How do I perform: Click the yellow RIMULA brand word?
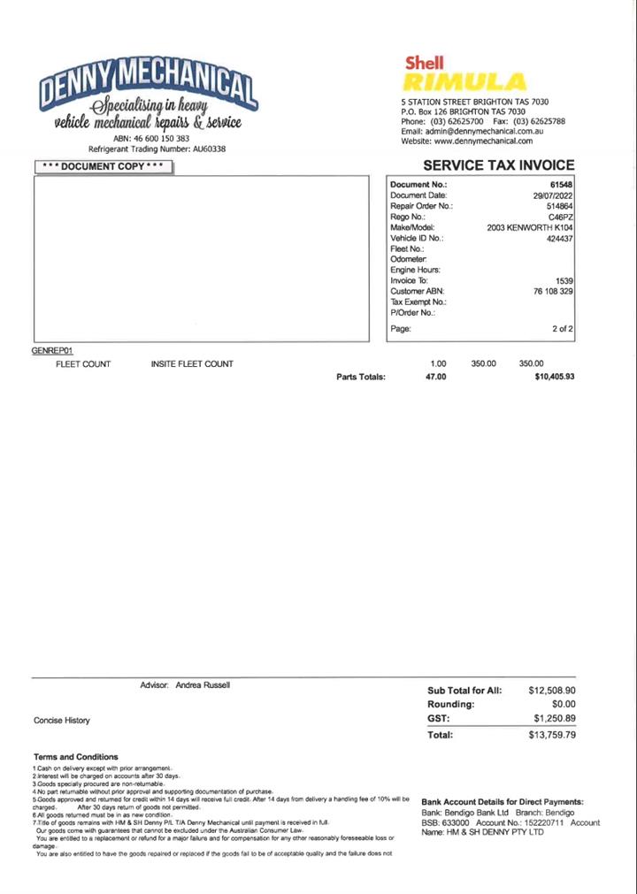(464, 83)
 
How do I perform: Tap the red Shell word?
(425, 63)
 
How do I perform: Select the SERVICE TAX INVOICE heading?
(498, 165)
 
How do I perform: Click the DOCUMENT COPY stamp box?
(104, 166)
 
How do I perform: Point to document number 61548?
(561, 185)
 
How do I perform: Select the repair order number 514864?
(559, 206)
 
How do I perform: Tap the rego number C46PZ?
(560, 217)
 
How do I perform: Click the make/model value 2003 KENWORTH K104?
(530, 227)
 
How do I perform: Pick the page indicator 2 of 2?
(563, 329)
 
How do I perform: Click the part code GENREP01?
(51, 351)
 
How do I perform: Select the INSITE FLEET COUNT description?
(192, 363)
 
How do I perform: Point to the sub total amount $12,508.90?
(552, 691)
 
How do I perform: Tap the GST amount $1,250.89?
(555, 718)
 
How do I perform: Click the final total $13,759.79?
(552, 735)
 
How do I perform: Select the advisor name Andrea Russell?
(203, 685)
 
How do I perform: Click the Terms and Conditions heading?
(75, 757)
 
